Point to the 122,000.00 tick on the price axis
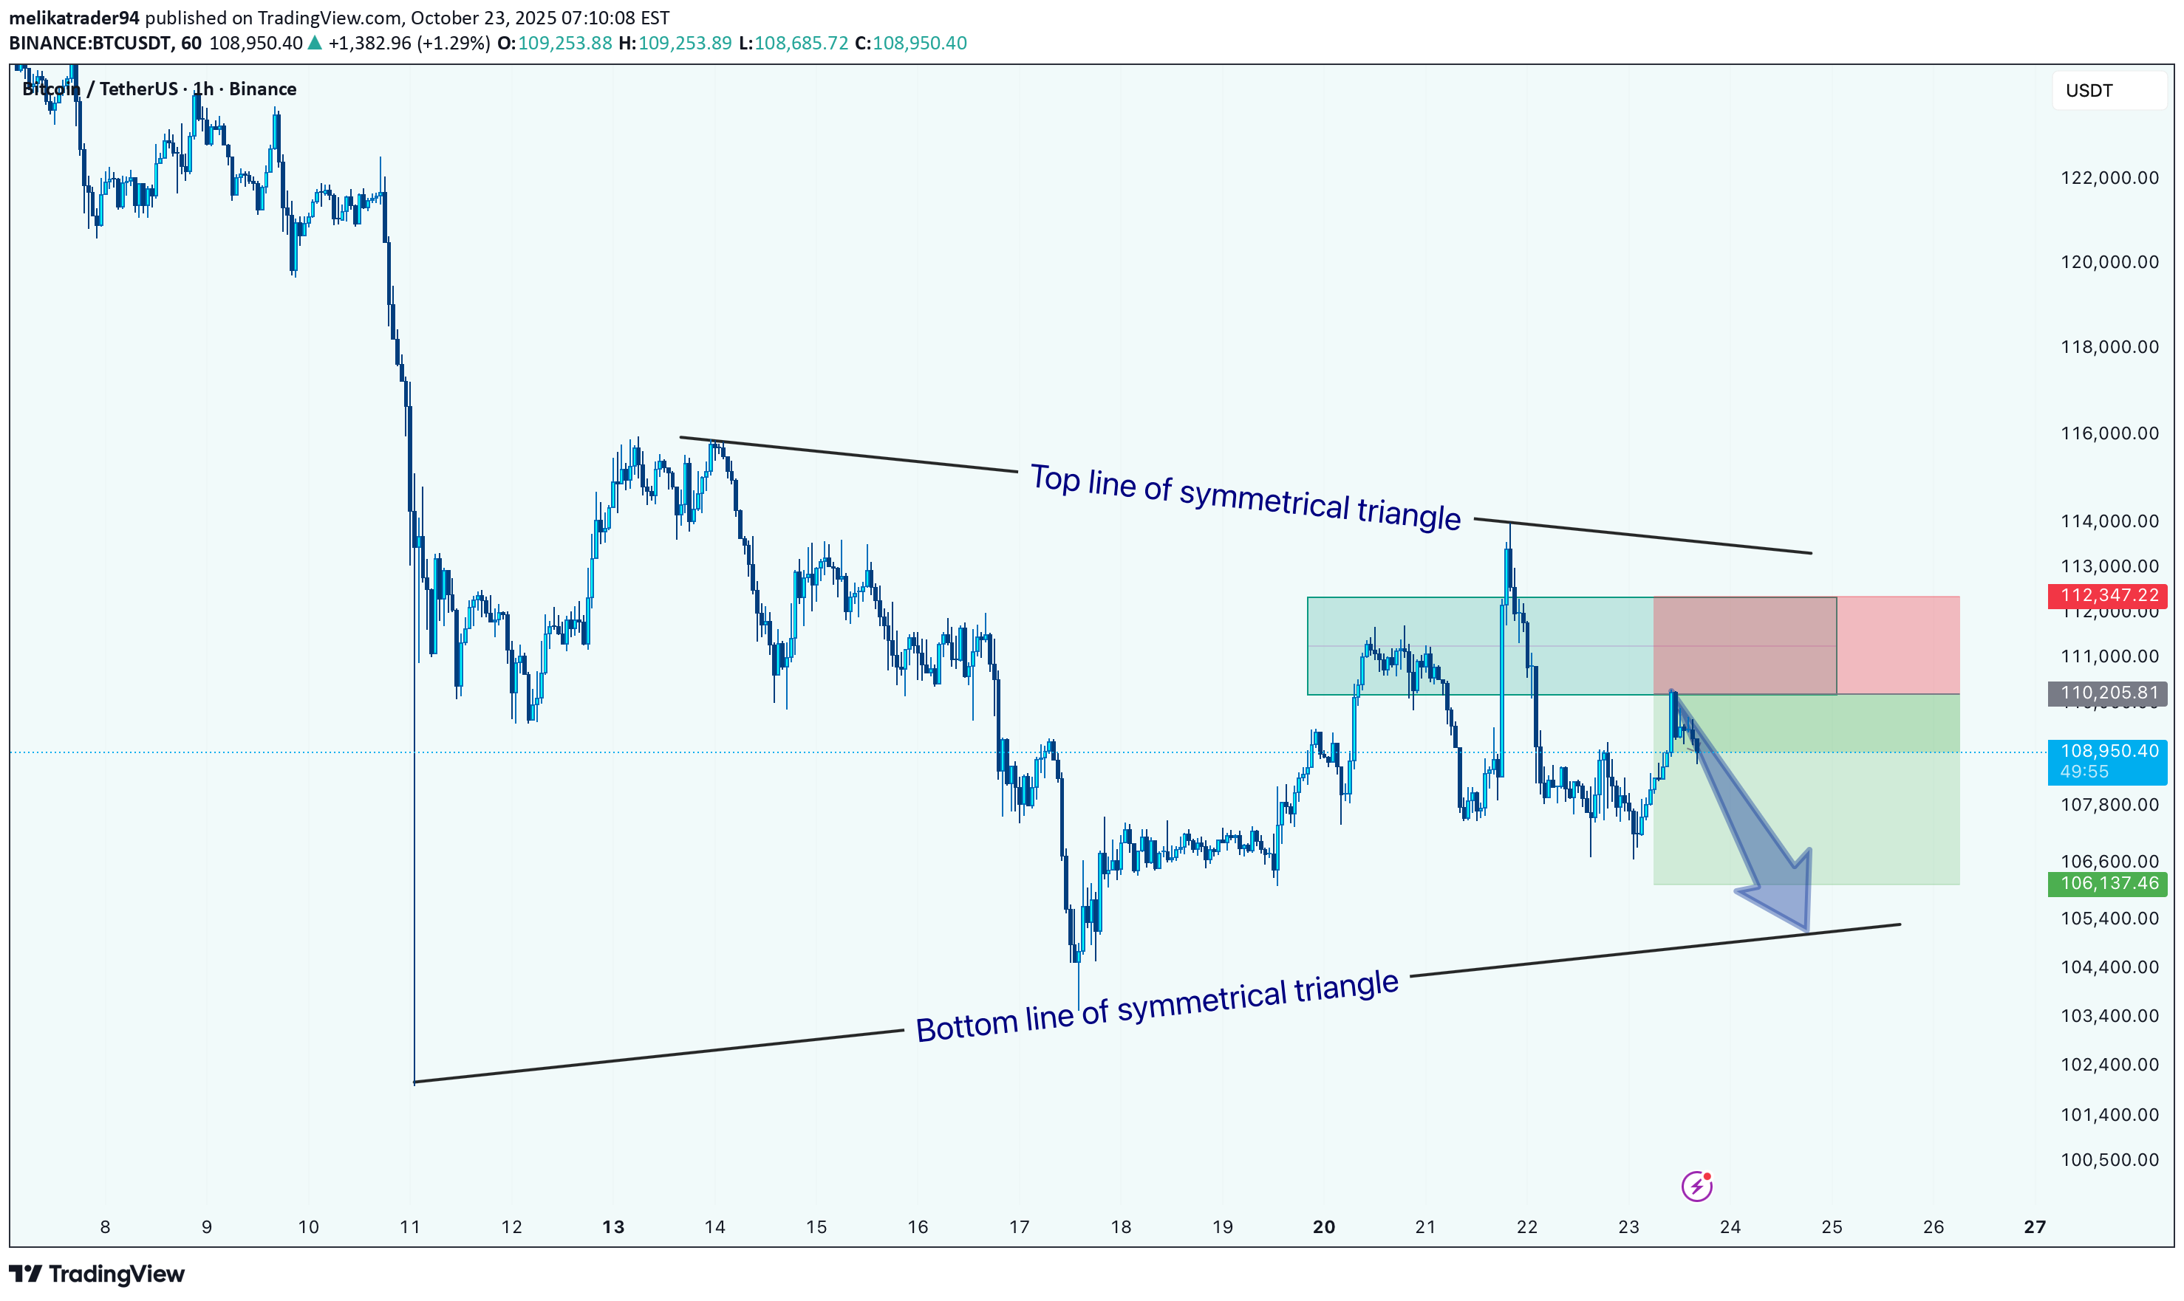click(x=2109, y=178)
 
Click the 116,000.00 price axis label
click(x=2109, y=433)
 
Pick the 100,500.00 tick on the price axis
click(x=2109, y=1160)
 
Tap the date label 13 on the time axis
click(x=613, y=1227)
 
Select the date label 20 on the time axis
click(x=1323, y=1227)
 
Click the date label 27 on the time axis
click(x=2035, y=1227)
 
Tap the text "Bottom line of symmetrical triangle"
click(x=1156, y=1006)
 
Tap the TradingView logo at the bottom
click(x=98, y=1274)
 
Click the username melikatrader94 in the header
click(x=74, y=18)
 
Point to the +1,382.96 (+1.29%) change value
click(x=409, y=43)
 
